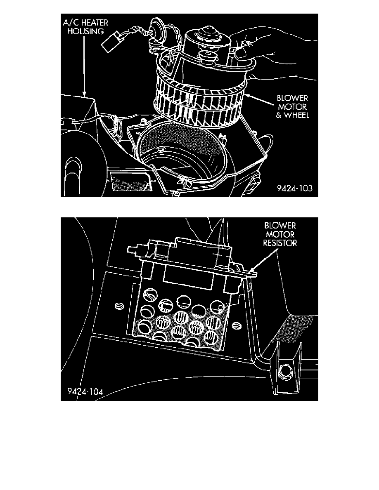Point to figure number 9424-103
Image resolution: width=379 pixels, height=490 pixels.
(x=294, y=188)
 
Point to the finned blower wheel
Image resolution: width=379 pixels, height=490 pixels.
(x=198, y=99)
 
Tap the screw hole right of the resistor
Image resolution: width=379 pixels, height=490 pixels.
(x=236, y=326)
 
